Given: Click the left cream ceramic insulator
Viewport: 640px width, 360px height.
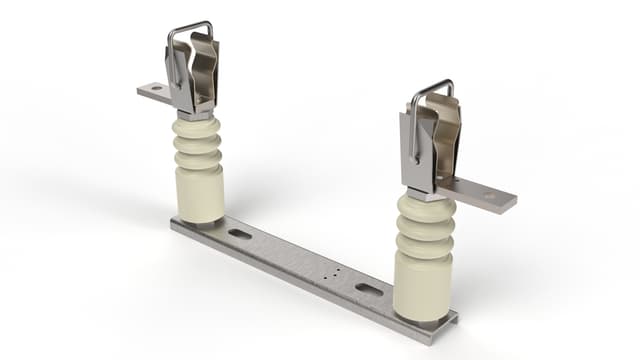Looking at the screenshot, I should [x=199, y=170].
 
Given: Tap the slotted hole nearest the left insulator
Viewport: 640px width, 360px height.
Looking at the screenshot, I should [x=240, y=234].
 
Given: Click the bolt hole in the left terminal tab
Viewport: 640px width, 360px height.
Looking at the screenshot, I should [x=153, y=90].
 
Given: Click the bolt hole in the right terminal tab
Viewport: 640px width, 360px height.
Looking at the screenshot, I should [x=489, y=198].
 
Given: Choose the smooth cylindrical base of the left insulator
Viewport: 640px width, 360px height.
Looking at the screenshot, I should [x=200, y=195].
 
